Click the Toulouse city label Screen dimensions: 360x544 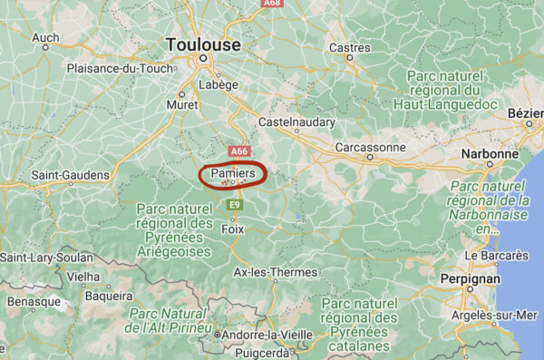point(203,44)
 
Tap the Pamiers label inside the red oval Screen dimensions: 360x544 point(232,171)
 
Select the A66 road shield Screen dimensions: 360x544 point(238,151)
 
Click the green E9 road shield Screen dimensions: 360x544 point(235,205)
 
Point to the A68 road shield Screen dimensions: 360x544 point(271,5)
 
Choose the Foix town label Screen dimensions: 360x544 point(233,229)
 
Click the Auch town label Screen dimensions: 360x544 point(45,37)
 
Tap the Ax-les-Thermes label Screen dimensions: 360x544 point(276,272)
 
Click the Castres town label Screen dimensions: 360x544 point(350,47)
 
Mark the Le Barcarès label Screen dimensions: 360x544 point(496,256)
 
